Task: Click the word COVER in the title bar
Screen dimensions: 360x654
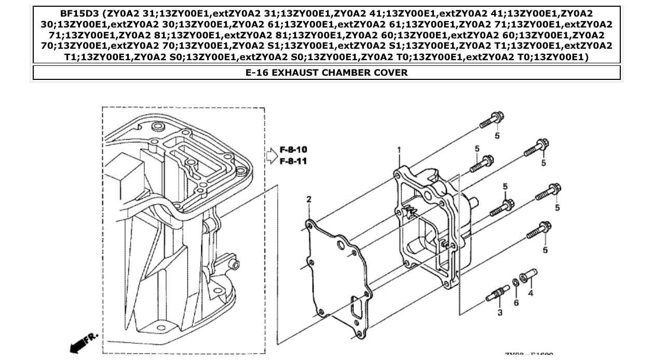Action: (x=391, y=73)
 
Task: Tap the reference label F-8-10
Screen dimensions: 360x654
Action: (x=293, y=150)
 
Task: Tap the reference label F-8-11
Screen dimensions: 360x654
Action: (x=293, y=161)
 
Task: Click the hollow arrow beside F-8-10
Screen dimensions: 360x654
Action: (x=271, y=155)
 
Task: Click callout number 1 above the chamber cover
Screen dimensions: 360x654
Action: (x=399, y=150)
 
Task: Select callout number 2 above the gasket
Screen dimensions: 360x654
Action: (x=309, y=200)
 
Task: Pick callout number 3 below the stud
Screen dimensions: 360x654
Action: (x=500, y=312)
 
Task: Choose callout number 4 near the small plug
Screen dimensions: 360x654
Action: (x=530, y=293)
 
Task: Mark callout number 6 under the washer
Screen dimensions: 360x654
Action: (x=516, y=302)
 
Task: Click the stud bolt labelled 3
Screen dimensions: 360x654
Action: (x=498, y=294)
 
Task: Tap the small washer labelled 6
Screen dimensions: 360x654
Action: (x=516, y=282)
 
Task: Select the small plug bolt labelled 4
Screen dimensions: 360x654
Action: (x=528, y=275)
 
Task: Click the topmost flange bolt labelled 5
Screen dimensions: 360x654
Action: (x=491, y=120)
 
